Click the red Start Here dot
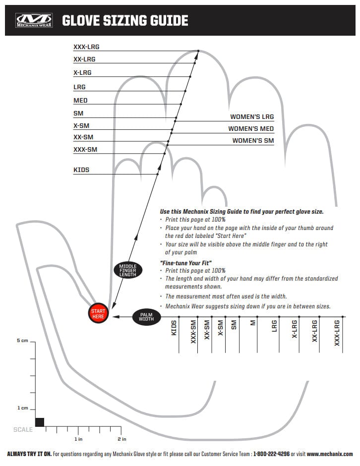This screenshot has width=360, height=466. (98, 314)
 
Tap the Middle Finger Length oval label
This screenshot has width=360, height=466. (127, 270)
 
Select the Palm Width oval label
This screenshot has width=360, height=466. (146, 316)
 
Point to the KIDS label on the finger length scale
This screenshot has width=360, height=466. (81, 170)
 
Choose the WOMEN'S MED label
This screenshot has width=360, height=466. (250, 129)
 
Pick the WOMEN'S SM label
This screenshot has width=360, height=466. (253, 141)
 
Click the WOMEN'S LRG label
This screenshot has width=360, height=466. (251, 117)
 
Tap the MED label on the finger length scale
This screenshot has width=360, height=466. (80, 101)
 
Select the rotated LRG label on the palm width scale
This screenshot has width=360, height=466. (274, 328)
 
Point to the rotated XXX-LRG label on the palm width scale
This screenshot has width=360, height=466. (337, 334)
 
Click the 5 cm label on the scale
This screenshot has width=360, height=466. (22, 341)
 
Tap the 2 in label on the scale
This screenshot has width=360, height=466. (121, 439)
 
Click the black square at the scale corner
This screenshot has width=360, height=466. (40, 422)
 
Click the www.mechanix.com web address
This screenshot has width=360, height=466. (330, 454)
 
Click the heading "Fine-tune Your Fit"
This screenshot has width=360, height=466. (186, 262)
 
